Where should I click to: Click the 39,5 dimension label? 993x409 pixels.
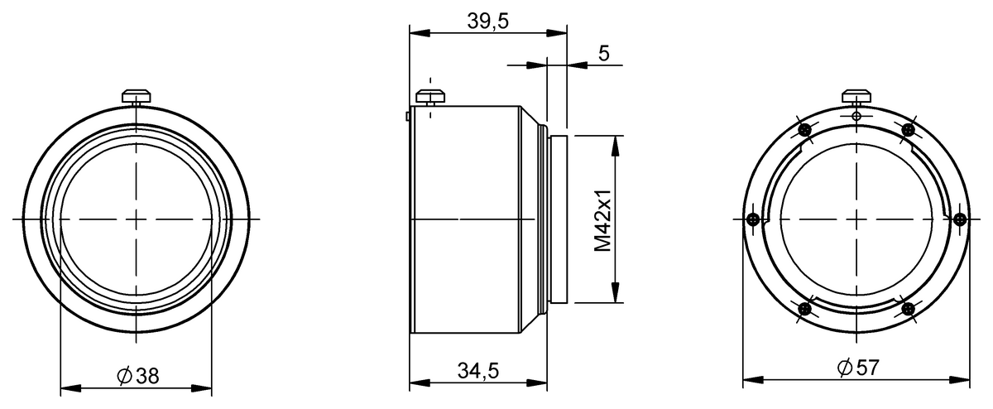click(487, 22)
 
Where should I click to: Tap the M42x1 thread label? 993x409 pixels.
click(603, 220)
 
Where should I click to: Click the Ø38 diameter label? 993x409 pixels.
click(137, 376)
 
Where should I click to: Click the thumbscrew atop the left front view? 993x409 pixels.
click(137, 96)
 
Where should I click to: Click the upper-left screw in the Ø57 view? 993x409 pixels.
click(804, 129)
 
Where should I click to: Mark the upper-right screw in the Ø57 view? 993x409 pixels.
click(909, 129)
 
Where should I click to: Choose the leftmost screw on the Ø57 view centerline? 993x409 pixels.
click(752, 219)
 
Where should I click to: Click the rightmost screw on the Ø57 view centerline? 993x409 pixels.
click(960, 219)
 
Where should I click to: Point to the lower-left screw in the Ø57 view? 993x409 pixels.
click(804, 310)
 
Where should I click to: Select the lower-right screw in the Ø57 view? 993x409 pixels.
click(909, 310)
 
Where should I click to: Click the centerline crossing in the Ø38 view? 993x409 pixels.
click(137, 219)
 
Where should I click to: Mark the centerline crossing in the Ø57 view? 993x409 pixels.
click(856, 219)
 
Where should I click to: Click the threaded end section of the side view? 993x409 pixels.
click(558, 219)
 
